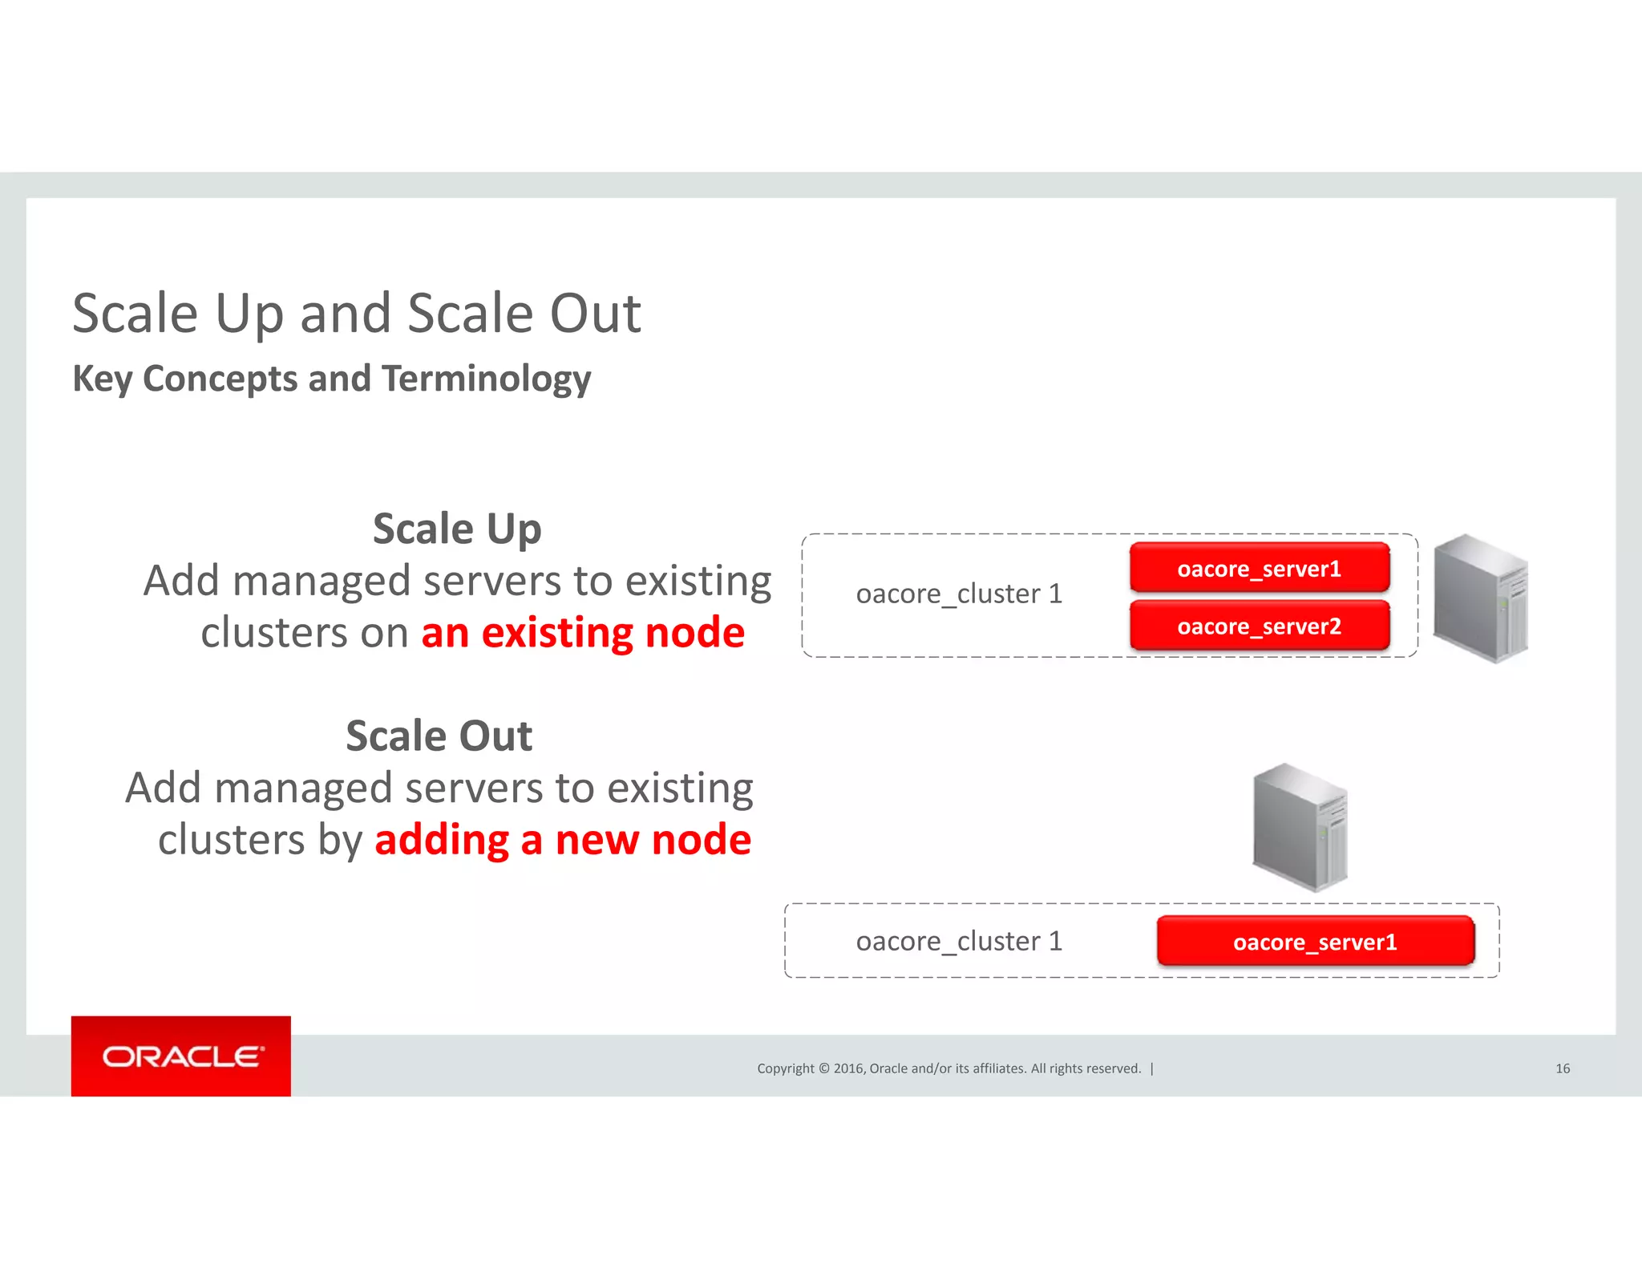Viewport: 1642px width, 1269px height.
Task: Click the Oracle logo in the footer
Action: tap(181, 1056)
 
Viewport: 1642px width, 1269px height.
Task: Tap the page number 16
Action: tap(1562, 1068)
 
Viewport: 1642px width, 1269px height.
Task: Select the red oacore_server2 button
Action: tap(1259, 626)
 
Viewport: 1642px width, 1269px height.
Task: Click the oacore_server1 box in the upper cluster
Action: tap(1259, 569)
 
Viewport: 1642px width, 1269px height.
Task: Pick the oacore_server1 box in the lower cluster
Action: tap(1315, 942)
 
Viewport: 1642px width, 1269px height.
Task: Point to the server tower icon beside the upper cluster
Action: tap(1480, 598)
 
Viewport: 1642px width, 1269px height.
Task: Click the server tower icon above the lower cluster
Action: tap(1300, 827)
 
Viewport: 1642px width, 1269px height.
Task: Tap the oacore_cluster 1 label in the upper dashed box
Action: tap(959, 594)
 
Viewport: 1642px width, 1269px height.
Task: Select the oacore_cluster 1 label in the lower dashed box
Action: tap(959, 941)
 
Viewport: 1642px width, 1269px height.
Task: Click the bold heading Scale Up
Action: tap(457, 529)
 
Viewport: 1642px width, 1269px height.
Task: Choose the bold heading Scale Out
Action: tap(439, 736)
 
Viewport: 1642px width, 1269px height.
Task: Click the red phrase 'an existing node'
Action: tap(583, 633)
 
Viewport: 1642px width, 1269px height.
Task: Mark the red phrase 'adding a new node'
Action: tap(563, 840)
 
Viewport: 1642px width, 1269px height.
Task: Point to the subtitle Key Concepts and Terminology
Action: tap(331, 379)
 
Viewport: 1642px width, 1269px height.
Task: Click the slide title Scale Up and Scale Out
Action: tap(356, 313)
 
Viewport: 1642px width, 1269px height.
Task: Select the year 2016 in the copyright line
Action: tap(848, 1068)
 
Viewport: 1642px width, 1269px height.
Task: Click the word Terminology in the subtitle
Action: tap(486, 379)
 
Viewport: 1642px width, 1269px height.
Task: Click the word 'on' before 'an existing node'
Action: tap(384, 633)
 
